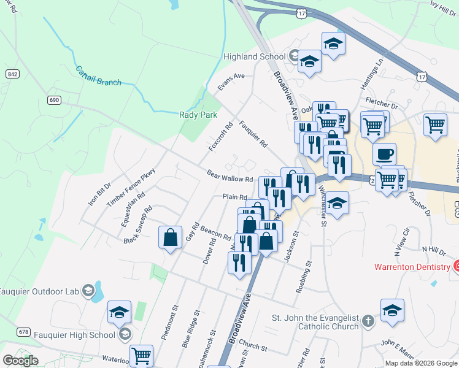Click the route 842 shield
tap(12, 74)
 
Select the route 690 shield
tap(55, 100)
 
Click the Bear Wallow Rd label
tap(229, 176)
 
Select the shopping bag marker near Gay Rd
tap(170, 238)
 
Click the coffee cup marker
tap(384, 154)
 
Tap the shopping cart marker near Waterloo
tap(141, 355)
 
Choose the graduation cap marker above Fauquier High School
tap(119, 312)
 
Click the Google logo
tap(20, 361)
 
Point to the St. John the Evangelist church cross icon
tap(367, 321)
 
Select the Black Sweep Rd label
tap(137, 224)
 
